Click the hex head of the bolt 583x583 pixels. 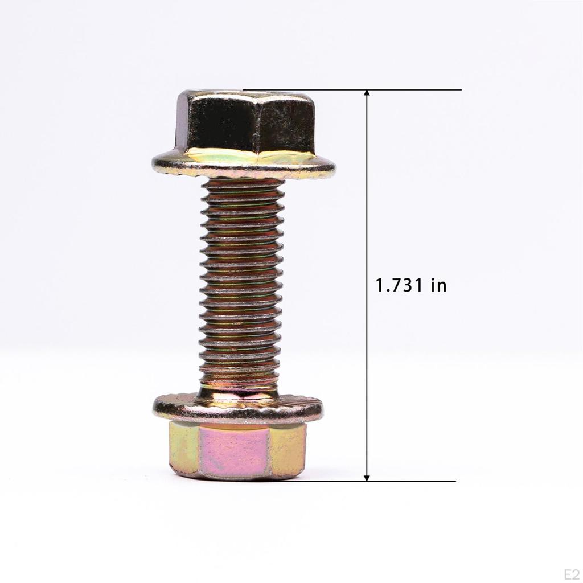click(245, 123)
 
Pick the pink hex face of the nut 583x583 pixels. click(234, 451)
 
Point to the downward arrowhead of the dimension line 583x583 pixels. click(367, 477)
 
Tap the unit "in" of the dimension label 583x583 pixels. click(439, 286)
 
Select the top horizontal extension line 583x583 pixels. click(352, 89)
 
